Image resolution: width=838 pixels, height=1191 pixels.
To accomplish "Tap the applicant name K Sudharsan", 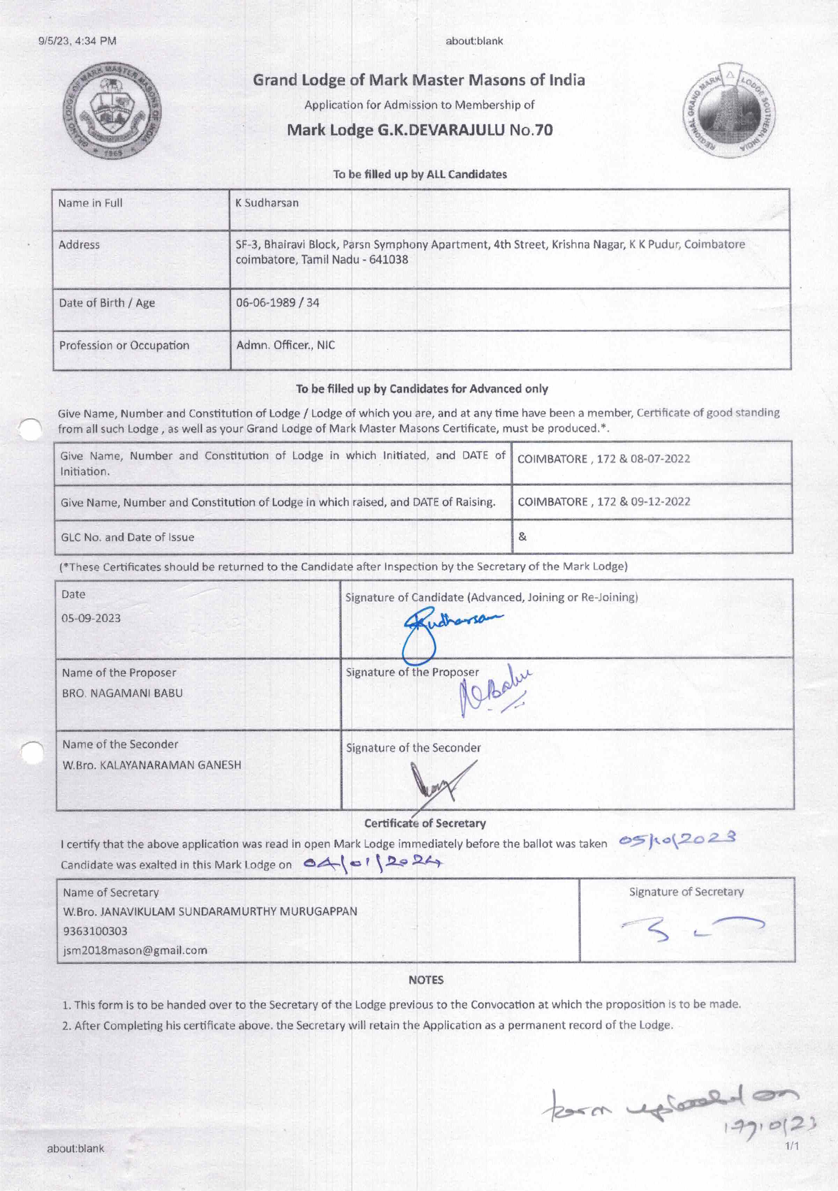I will point(267,203).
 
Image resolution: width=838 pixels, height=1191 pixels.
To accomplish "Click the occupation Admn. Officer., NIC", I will point(285,345).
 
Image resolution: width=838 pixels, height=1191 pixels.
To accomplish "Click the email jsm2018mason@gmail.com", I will point(135,950).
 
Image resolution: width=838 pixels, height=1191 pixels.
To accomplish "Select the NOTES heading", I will point(426,980).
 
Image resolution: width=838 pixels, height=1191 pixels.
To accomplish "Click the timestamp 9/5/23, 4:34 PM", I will point(77,41).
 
